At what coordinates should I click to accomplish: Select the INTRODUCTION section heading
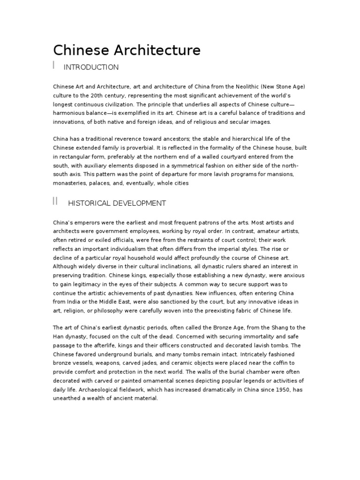(91, 67)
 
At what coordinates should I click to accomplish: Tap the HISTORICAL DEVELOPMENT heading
(117, 203)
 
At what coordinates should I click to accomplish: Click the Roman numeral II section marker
(55, 202)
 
